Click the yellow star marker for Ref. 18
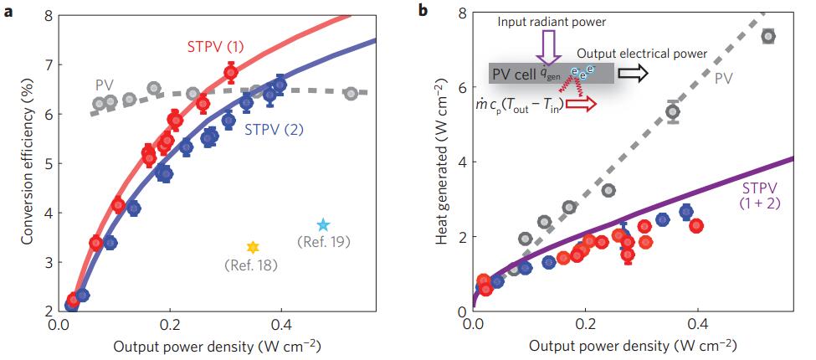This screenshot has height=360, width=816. click(x=253, y=247)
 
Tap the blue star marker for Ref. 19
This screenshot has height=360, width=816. click(x=324, y=224)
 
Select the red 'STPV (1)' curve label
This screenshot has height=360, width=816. click(x=216, y=47)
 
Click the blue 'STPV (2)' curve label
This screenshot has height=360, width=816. click(x=273, y=131)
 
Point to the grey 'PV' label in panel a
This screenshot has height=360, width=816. click(x=104, y=84)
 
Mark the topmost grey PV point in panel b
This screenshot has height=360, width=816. click(x=768, y=36)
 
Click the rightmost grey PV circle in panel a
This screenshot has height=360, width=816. click(x=351, y=93)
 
